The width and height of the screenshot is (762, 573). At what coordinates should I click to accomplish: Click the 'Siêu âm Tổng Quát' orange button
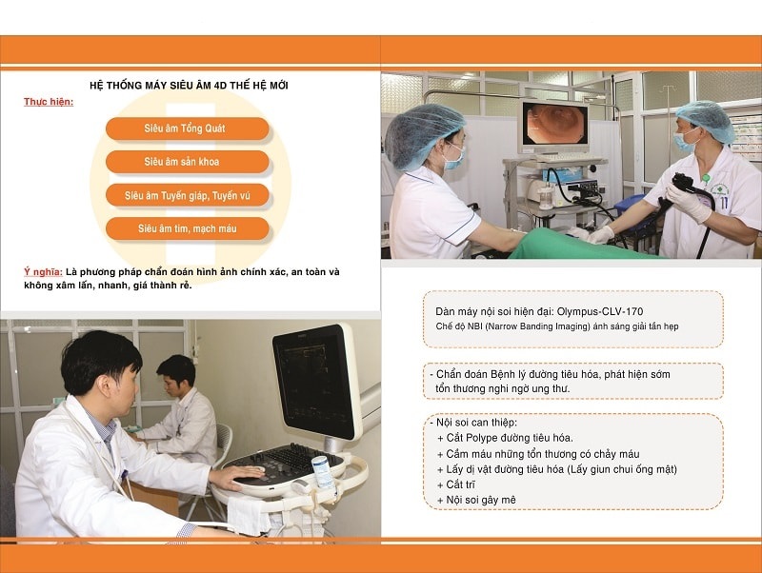click(x=187, y=128)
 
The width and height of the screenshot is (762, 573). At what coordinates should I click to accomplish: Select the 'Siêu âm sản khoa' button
click(x=187, y=162)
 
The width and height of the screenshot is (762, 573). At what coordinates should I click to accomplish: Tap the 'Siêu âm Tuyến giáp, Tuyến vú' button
click(x=187, y=195)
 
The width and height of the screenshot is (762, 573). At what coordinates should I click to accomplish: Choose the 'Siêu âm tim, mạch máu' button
click(x=187, y=228)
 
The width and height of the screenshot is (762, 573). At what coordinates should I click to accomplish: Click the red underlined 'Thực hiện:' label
click(x=49, y=102)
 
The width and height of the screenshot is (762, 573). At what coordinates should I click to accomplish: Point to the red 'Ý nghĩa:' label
click(x=43, y=272)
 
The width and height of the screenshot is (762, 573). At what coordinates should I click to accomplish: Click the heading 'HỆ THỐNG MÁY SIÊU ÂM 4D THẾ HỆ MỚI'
click(x=189, y=86)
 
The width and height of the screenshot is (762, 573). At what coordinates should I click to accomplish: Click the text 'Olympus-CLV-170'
click(x=600, y=312)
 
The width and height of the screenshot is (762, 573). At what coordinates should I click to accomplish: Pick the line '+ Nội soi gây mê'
click(x=476, y=500)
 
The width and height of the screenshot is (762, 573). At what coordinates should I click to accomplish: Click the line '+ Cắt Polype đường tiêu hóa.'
click(x=505, y=438)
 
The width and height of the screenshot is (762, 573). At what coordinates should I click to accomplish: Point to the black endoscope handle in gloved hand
click(x=685, y=185)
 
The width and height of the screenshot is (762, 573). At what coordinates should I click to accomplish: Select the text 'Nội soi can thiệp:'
click(x=476, y=423)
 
